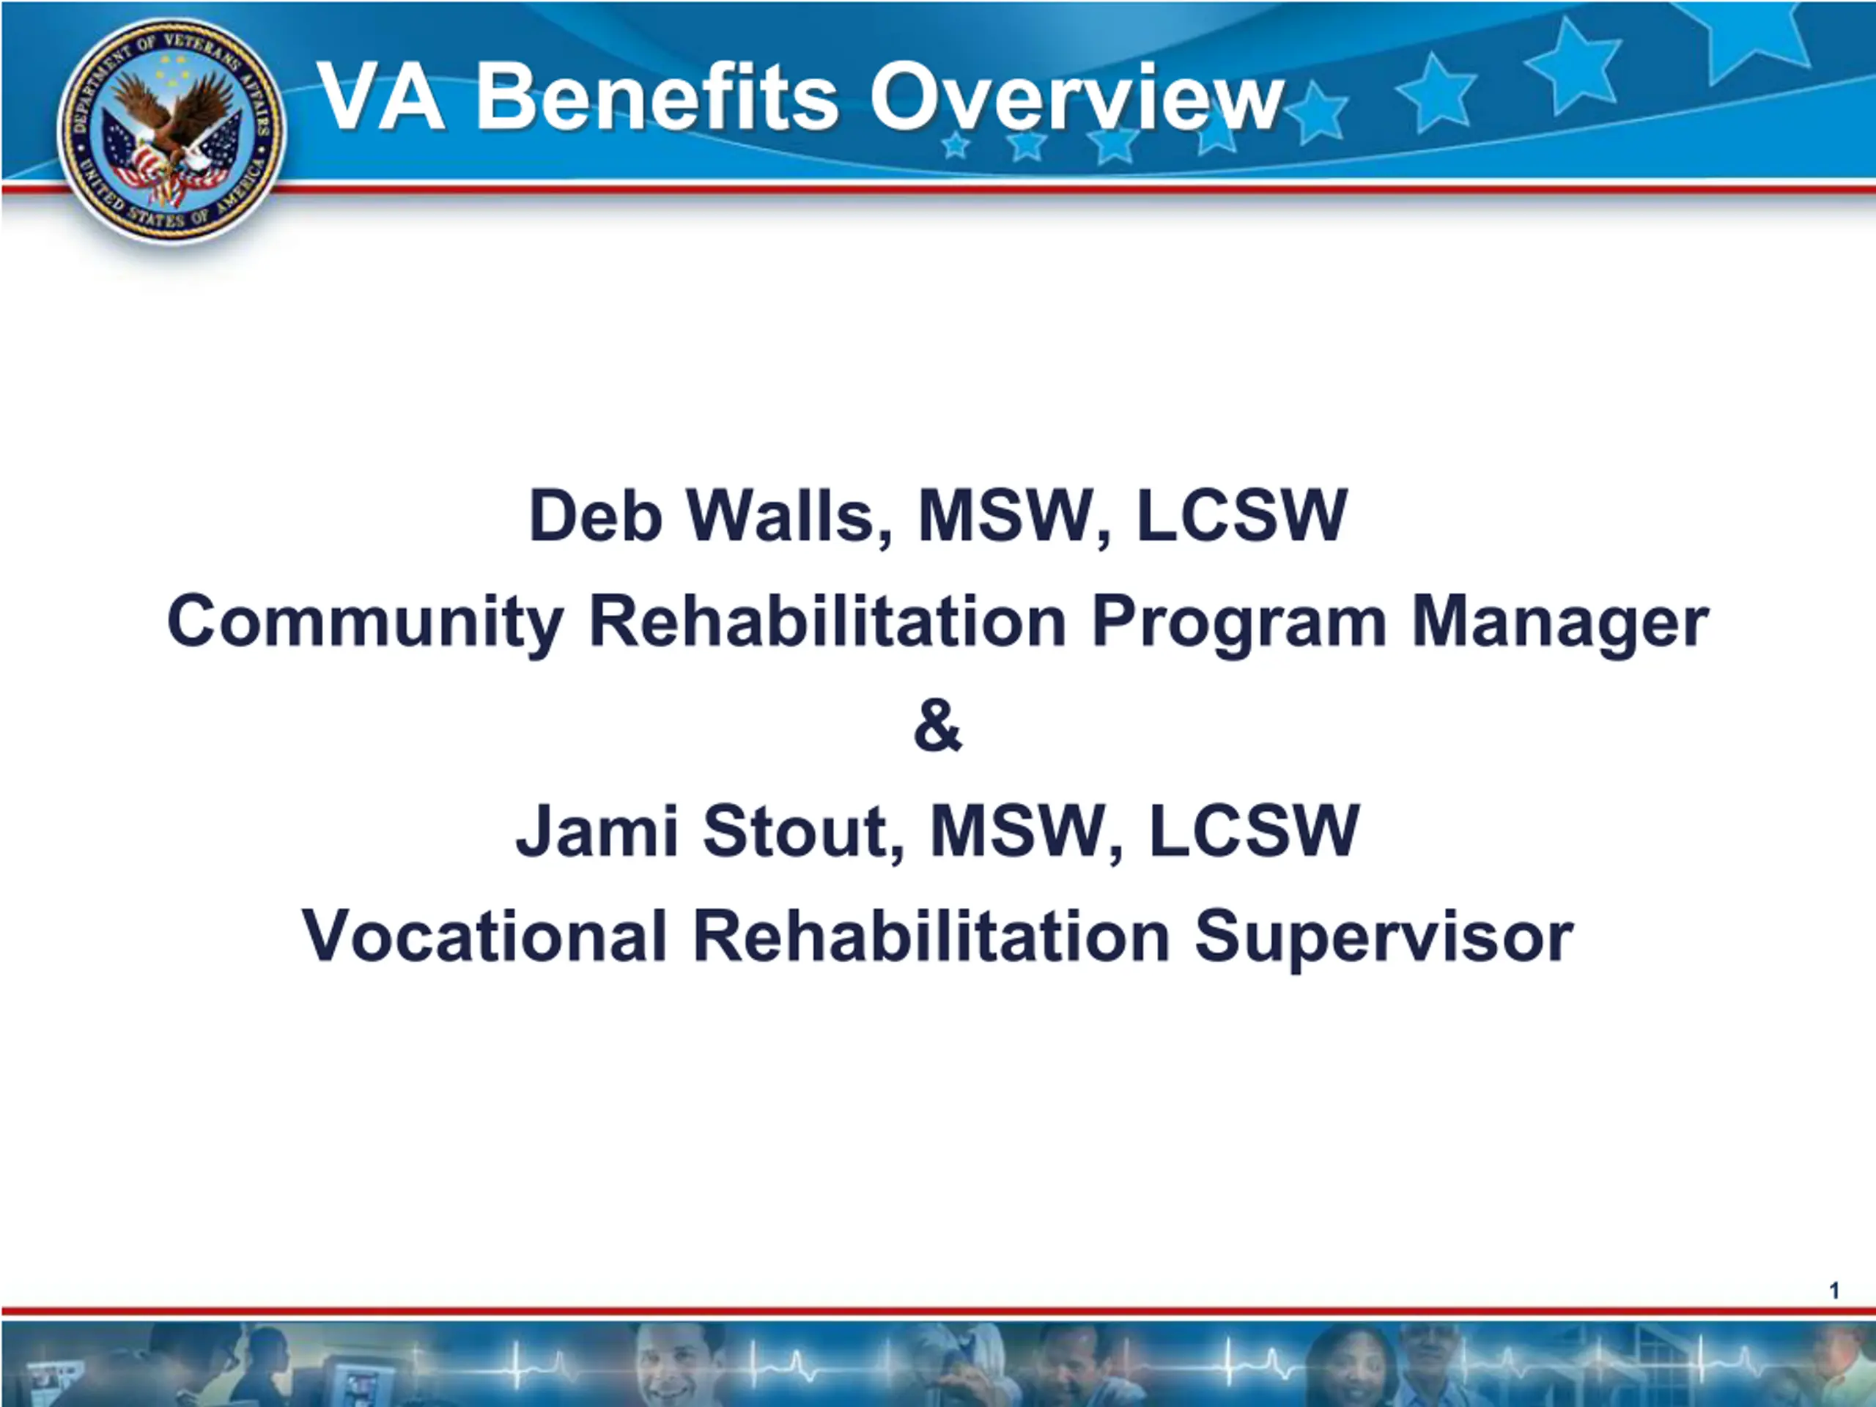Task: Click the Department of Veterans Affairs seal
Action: pos(172,131)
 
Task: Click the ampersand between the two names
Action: pos(938,726)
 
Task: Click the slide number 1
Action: pos(1834,1290)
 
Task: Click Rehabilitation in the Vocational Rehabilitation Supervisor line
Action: pos(932,936)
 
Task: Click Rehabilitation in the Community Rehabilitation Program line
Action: pos(828,621)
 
